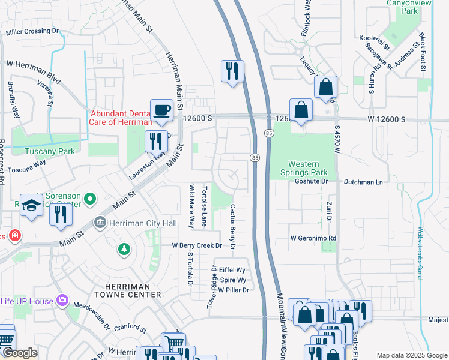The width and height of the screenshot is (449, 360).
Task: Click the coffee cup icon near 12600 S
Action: point(161,110)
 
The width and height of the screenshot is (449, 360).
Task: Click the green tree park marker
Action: point(124,248)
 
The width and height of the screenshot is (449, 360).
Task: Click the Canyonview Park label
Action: point(410,6)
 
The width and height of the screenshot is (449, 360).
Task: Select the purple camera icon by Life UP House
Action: point(61,300)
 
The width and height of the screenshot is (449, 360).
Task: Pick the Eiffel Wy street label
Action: point(232,270)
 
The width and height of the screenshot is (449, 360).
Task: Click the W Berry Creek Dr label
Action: point(197,245)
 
